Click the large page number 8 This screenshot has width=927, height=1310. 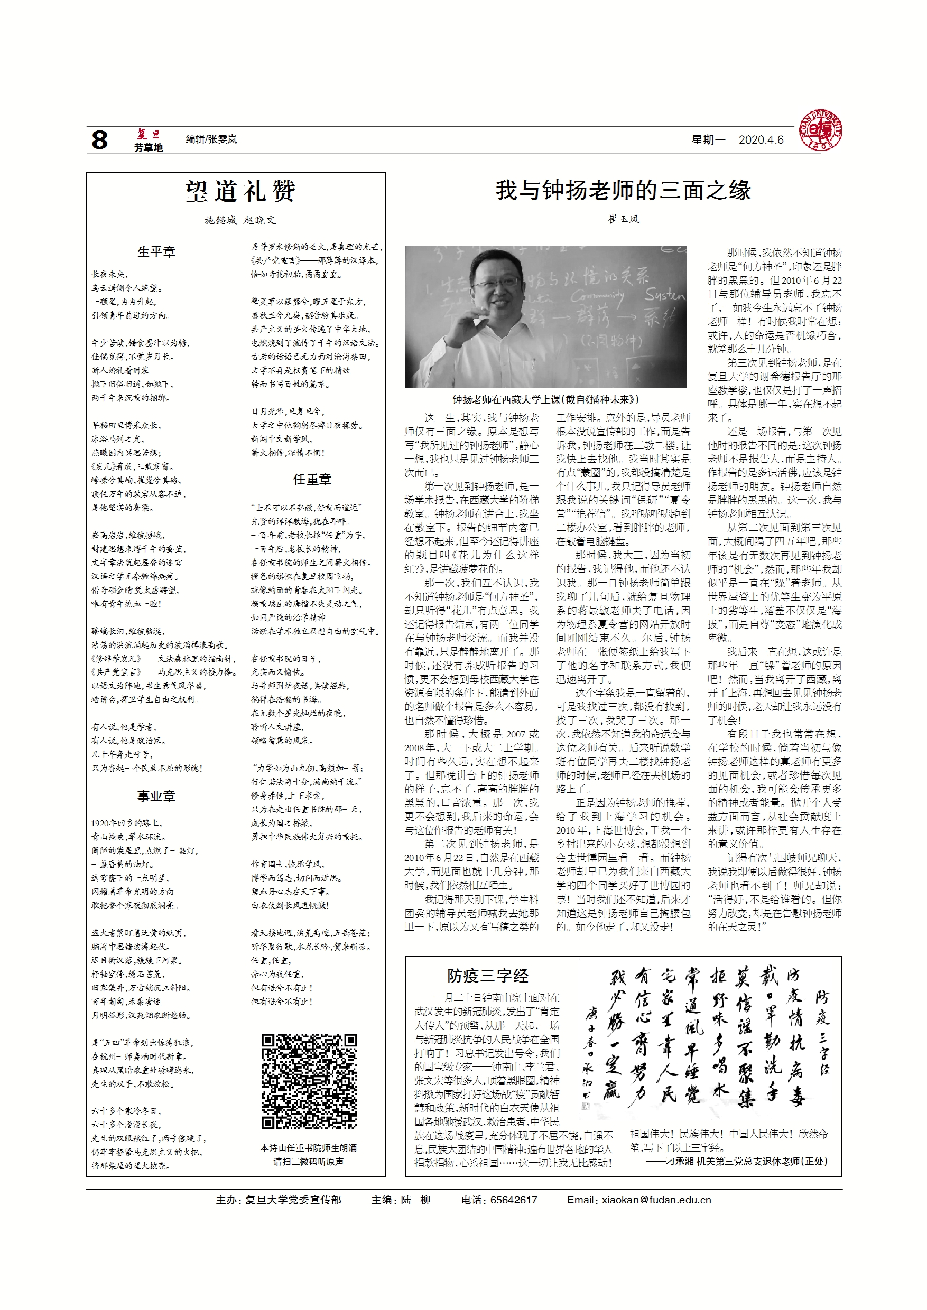(x=99, y=140)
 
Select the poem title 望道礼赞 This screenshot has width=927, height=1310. (x=240, y=192)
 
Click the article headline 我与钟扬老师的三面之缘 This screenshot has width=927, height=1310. (x=623, y=191)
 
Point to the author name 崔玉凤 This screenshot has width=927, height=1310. (x=623, y=219)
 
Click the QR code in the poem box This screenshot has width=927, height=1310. (x=309, y=1081)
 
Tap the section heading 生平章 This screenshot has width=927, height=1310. (x=156, y=251)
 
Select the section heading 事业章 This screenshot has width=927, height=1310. (x=156, y=796)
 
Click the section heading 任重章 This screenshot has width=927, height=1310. (x=312, y=480)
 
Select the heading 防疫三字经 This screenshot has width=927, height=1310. (x=487, y=976)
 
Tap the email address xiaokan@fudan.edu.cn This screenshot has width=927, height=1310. (x=656, y=1200)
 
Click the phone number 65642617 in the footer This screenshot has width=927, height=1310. (x=513, y=1200)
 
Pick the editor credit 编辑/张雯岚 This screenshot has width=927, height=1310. (x=211, y=139)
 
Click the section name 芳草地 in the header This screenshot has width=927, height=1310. (x=149, y=148)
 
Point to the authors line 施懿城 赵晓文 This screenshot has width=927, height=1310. (x=240, y=220)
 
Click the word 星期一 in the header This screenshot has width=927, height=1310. (x=708, y=140)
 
